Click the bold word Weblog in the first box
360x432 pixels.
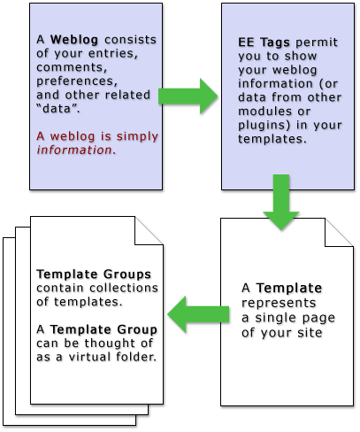click(74, 40)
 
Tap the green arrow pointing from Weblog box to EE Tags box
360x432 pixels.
click(188, 96)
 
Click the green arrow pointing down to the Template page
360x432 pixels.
click(281, 203)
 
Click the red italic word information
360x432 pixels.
click(76, 150)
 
